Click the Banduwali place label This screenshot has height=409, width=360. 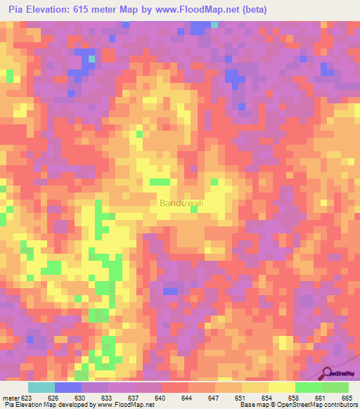[181, 203]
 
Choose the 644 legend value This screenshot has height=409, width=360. [188, 398]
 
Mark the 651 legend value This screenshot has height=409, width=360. [240, 398]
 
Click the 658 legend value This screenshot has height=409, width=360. [294, 398]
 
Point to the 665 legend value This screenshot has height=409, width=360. [347, 398]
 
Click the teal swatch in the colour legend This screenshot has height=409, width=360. [41, 387]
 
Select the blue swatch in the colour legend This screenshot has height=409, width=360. [68, 387]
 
